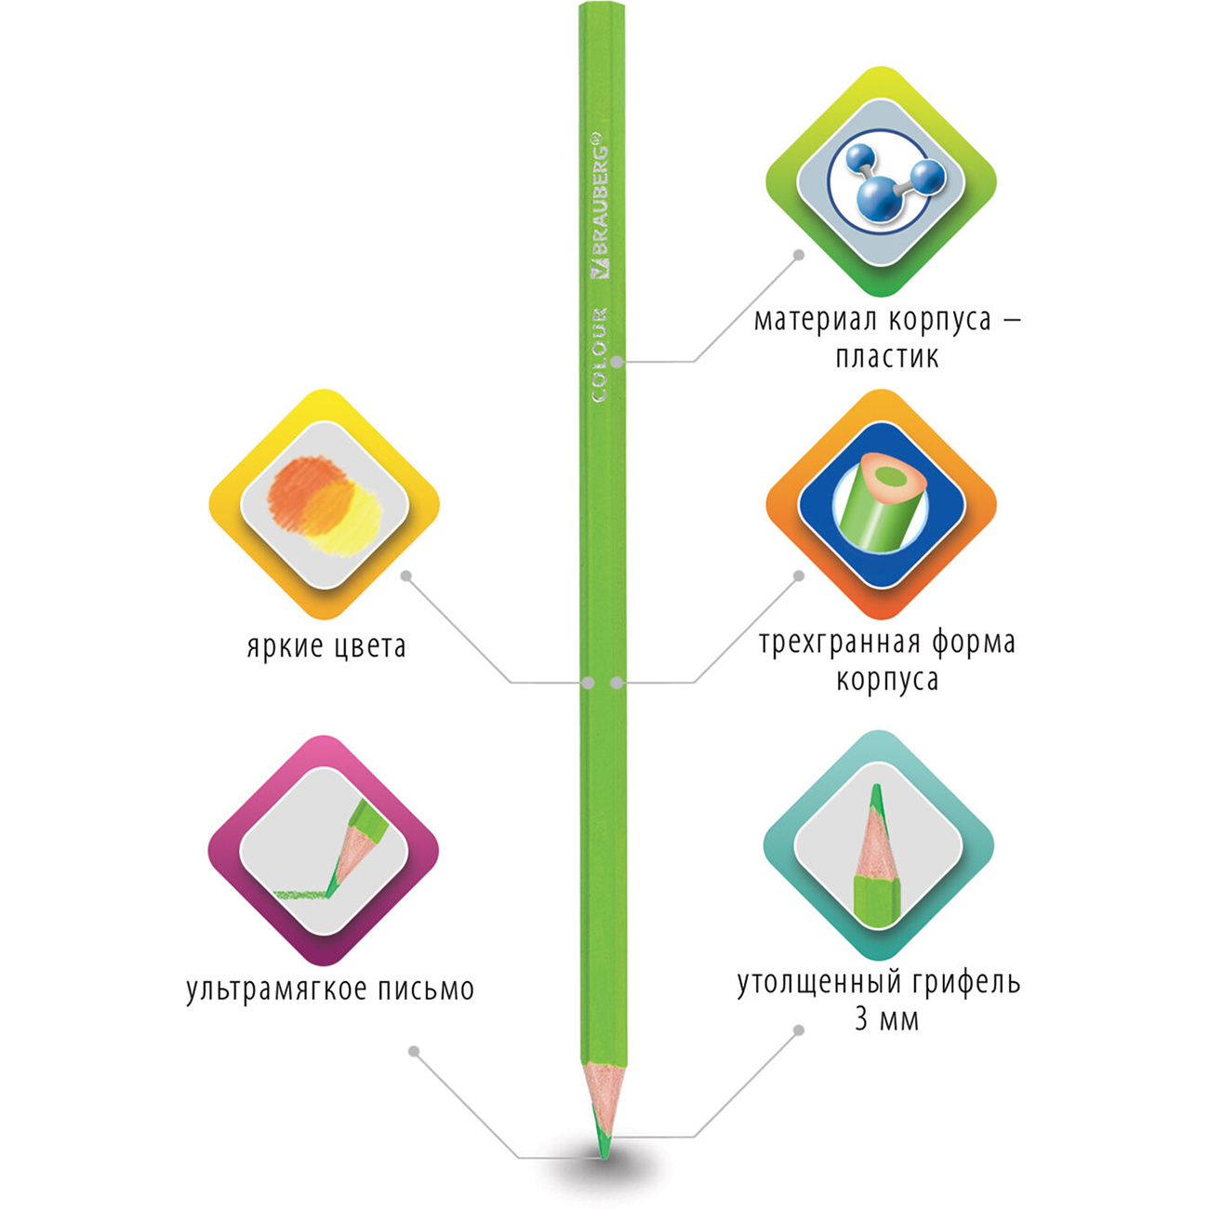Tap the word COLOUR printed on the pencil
[601, 354]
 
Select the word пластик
[887, 358]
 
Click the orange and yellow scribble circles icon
[325, 506]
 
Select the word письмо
[427, 990]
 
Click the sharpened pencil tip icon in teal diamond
[877, 857]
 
